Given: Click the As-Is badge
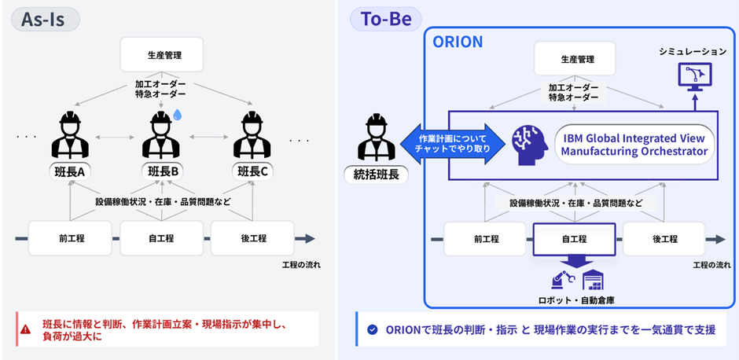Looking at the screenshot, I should (x=45, y=19).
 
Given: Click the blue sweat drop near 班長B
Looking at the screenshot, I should (x=178, y=115).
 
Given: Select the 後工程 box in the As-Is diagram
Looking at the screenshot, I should (x=252, y=237).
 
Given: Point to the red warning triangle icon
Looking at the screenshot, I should (x=26, y=329).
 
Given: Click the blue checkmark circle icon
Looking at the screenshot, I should (x=371, y=329).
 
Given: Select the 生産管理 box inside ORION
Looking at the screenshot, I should (x=574, y=58).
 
